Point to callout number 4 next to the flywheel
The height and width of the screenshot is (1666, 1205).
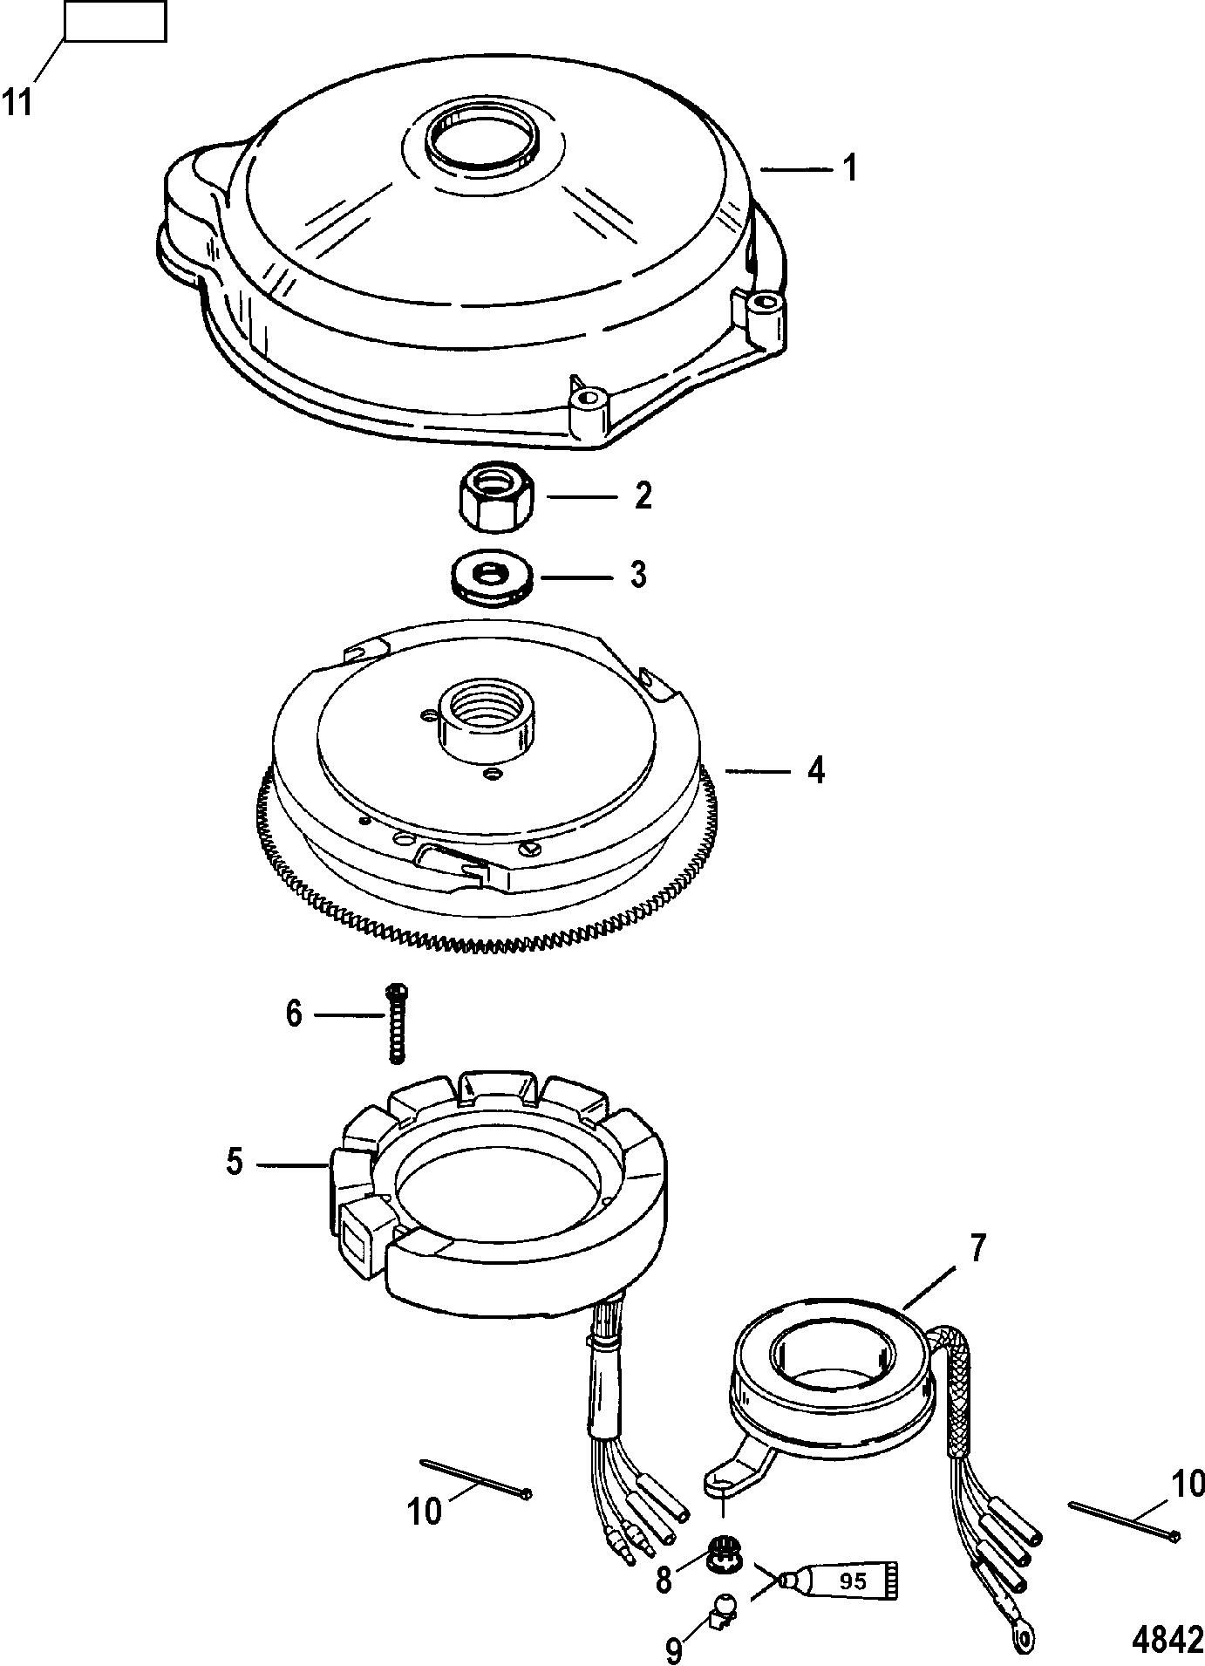(814, 771)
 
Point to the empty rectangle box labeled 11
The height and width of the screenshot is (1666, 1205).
(114, 22)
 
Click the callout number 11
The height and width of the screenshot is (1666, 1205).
(17, 102)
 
